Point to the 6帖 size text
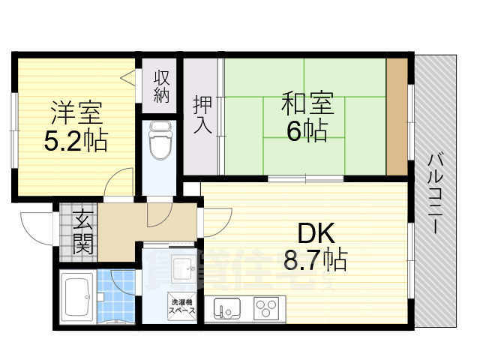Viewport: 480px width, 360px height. pos(306,130)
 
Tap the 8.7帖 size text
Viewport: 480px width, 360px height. pos(314,259)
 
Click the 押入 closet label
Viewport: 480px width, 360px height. pos(202,114)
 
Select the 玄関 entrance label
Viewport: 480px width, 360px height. pos(82,232)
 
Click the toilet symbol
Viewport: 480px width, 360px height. pos(160,141)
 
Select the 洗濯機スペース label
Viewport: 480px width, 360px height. pos(181,306)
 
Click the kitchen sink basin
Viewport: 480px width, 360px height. pos(228,307)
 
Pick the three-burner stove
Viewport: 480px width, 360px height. pos(266,307)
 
